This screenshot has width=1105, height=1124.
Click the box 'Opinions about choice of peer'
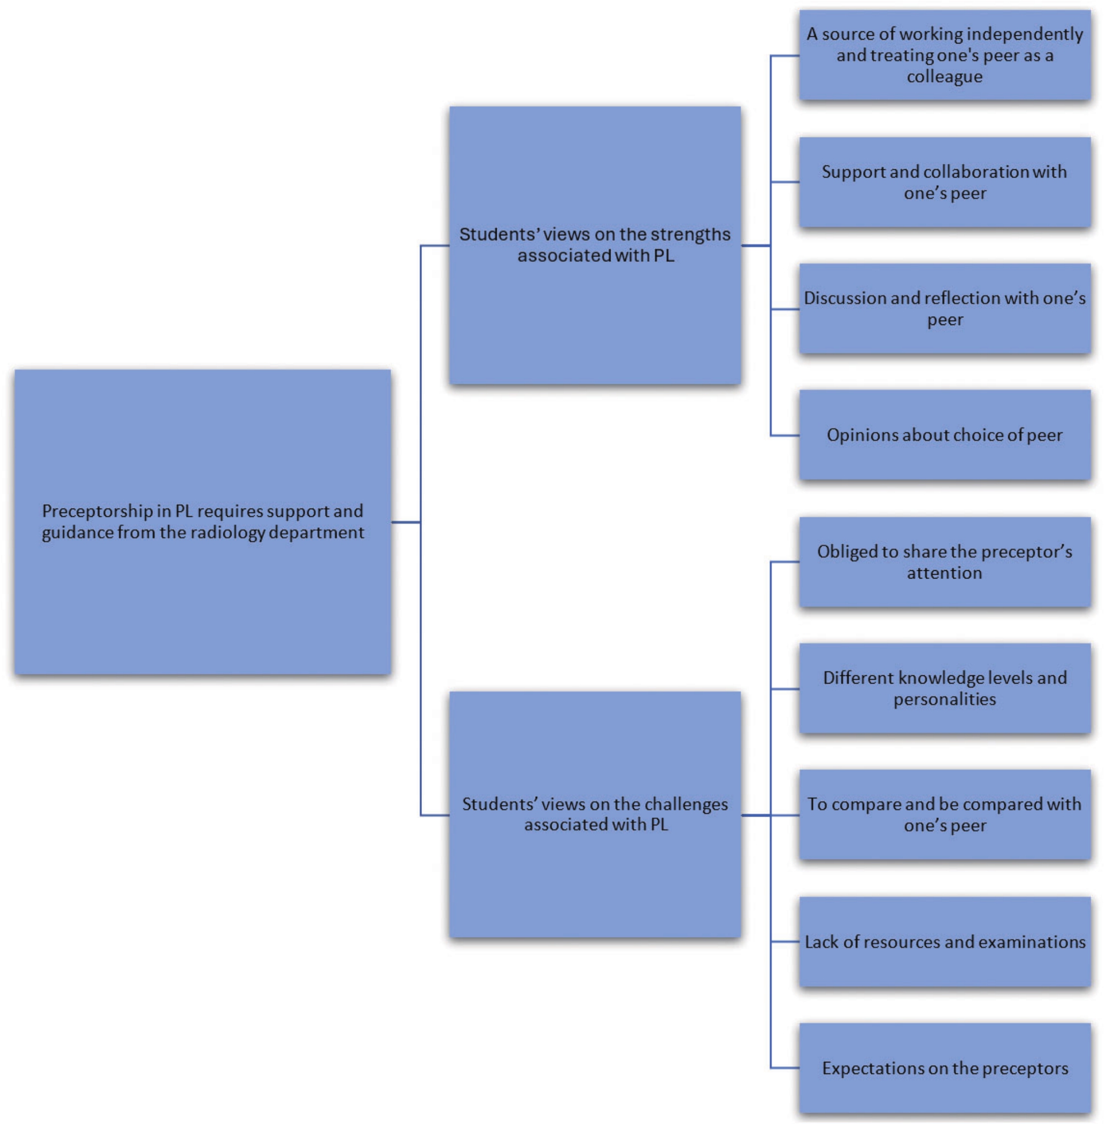[x=944, y=434]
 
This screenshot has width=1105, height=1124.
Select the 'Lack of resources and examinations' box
[x=944, y=941]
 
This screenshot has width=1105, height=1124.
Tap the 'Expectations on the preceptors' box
[x=944, y=1068]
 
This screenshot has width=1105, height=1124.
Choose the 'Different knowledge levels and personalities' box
[x=944, y=688]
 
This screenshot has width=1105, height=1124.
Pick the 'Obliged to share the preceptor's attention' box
[x=944, y=561]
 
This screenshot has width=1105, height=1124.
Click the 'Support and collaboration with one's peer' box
[x=944, y=182]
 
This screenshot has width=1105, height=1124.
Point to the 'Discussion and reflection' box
[x=944, y=308]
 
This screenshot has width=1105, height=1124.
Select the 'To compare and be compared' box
[x=944, y=815]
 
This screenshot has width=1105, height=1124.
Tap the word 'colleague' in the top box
[x=944, y=76]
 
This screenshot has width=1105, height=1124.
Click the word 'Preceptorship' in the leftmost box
[x=97, y=511]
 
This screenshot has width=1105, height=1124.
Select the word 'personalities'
[x=944, y=699]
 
